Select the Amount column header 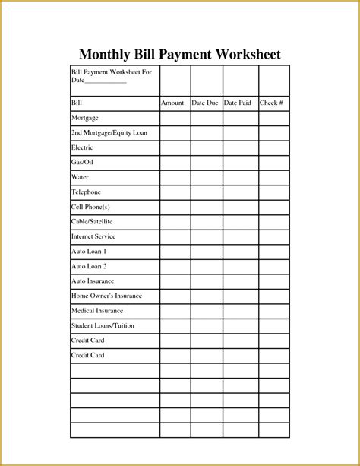point(172,103)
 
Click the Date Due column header point(205,103)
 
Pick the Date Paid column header point(239,103)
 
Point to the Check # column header point(273,103)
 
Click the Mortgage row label point(84,118)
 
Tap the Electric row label point(82,147)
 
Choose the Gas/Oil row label point(82,162)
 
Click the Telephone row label point(86,192)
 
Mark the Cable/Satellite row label point(93,222)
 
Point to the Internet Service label point(93,236)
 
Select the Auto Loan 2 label point(89,266)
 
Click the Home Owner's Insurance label point(106,296)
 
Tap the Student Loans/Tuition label point(102,325)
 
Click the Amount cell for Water point(175,177)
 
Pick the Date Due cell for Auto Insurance point(207,281)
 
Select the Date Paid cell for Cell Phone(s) point(240,207)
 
